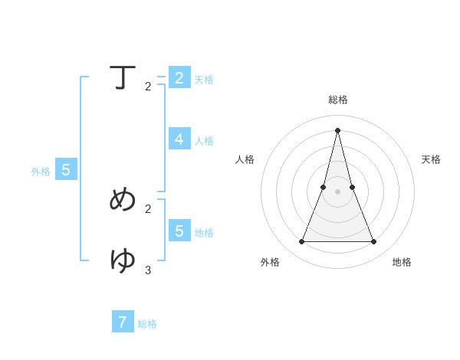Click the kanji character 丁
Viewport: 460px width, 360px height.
click(123, 77)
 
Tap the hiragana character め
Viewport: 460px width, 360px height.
click(123, 199)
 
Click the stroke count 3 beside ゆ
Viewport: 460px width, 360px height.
click(148, 270)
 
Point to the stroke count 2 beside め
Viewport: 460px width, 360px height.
click(148, 208)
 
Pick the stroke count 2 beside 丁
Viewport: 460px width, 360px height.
click(148, 87)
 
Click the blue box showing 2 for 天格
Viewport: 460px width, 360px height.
click(179, 78)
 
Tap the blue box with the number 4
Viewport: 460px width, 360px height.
click(179, 139)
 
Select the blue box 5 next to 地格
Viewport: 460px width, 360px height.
click(179, 231)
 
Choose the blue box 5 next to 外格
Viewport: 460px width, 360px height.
click(66, 170)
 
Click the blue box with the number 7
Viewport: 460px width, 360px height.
click(123, 322)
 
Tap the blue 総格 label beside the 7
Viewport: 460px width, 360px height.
click(147, 324)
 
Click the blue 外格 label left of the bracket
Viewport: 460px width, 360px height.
click(41, 172)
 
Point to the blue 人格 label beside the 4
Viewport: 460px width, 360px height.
click(204, 141)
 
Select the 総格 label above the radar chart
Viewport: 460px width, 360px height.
click(338, 100)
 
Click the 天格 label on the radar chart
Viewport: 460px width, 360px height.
click(431, 159)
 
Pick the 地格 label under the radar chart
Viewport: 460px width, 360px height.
click(402, 262)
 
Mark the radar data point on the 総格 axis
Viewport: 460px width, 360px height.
click(337, 129)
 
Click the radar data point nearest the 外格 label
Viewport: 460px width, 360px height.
click(301, 242)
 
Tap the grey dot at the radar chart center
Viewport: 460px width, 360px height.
click(337, 191)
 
